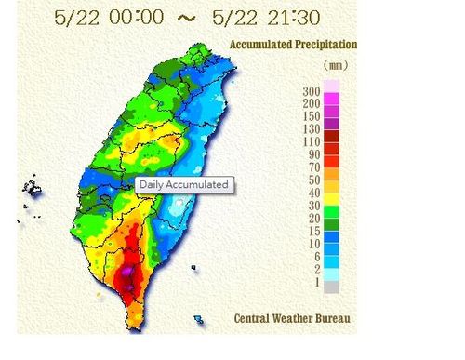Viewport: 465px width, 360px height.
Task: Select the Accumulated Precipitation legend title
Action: (292, 45)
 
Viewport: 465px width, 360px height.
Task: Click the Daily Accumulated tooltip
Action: (183, 184)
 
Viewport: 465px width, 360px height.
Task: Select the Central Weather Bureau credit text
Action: (292, 319)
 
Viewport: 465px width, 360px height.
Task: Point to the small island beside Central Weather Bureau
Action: (198, 319)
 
